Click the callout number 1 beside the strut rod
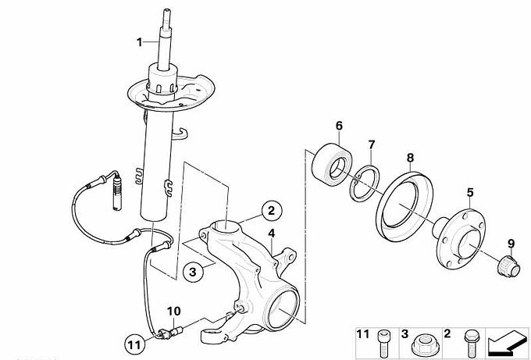(139, 42)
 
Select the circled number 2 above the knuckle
(271, 211)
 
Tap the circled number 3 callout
(193, 272)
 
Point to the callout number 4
(272, 233)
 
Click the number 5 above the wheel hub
(470, 193)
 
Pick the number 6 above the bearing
(339, 126)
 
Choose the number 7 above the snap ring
(372, 145)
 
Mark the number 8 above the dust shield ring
(410, 158)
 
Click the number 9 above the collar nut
(511, 244)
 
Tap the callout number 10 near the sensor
(174, 312)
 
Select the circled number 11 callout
(134, 345)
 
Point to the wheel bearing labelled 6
(332, 162)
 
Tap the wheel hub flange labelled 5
(459, 237)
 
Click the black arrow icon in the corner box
(505, 341)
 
